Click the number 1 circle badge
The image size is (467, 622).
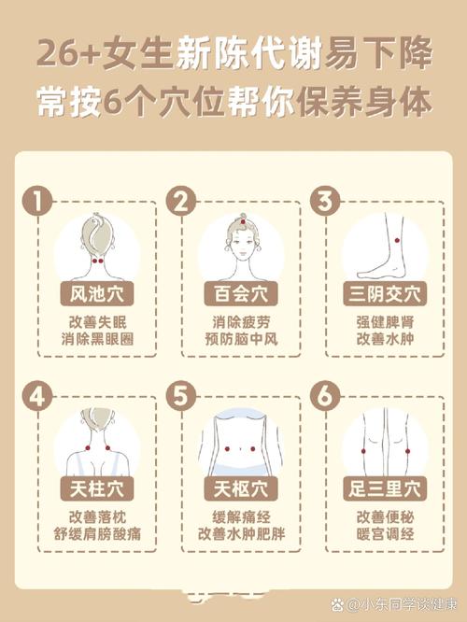point(35,200)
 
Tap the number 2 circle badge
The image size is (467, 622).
point(181,200)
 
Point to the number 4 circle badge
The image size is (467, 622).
point(35,396)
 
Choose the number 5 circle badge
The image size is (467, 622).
point(181,396)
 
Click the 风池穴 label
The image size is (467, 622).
point(96,295)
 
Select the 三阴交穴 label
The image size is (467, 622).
point(384,295)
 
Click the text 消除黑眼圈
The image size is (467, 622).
point(96,339)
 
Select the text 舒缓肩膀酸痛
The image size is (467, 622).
point(96,535)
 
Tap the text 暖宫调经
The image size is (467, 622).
point(384,535)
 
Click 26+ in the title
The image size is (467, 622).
point(68,54)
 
